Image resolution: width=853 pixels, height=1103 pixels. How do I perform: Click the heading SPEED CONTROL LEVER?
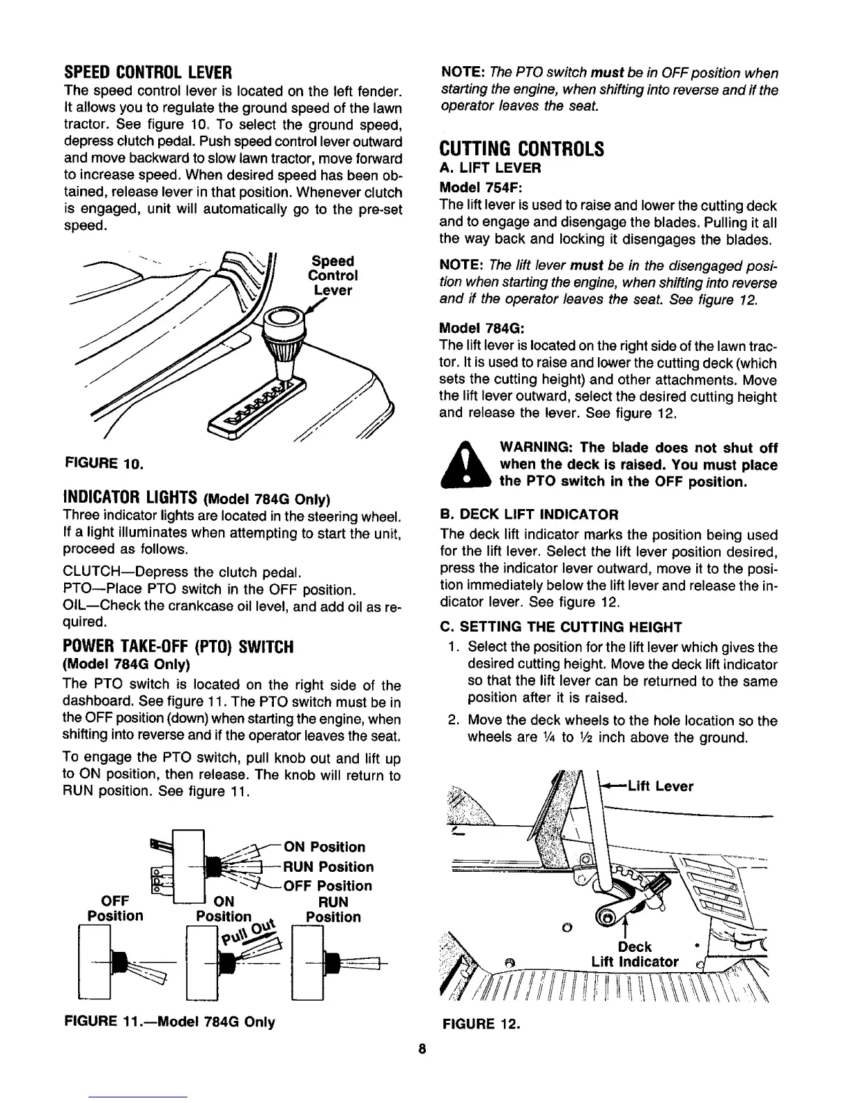147,72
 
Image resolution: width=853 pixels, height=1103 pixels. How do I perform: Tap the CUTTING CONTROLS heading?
521,150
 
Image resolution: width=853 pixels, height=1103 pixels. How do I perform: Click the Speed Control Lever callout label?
332,276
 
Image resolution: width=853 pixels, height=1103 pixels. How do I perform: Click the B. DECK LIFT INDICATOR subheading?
528,515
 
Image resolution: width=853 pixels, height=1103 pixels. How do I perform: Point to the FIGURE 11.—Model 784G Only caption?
169,1022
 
